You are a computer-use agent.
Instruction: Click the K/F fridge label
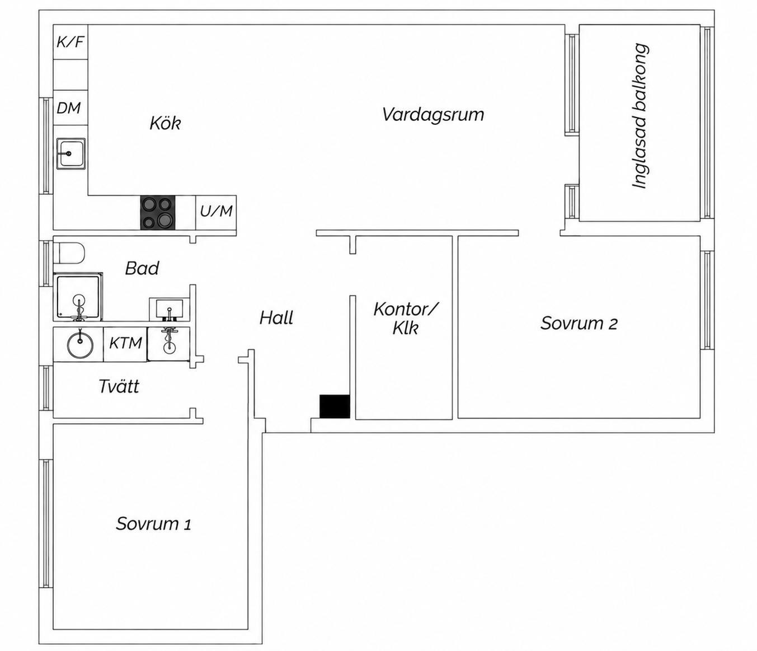point(70,42)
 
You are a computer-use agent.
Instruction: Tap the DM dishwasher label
point(69,108)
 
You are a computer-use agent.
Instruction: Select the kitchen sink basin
point(70,154)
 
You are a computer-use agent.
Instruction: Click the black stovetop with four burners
point(157,213)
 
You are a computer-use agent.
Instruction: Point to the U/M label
point(216,211)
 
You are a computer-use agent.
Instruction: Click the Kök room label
point(165,124)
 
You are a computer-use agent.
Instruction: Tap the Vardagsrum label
point(433,114)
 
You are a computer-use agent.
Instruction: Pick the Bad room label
point(142,268)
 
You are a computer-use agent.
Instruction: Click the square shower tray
point(78,297)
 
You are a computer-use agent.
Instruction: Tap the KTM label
point(126,343)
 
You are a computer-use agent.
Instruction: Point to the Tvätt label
point(119,386)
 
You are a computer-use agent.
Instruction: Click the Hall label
point(276,317)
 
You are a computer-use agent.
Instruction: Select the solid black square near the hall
point(335,406)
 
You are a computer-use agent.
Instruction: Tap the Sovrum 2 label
point(579,323)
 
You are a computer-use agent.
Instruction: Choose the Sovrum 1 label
point(153,524)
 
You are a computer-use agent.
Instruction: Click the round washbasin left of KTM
point(80,345)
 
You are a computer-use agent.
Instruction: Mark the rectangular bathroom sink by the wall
point(169,309)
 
